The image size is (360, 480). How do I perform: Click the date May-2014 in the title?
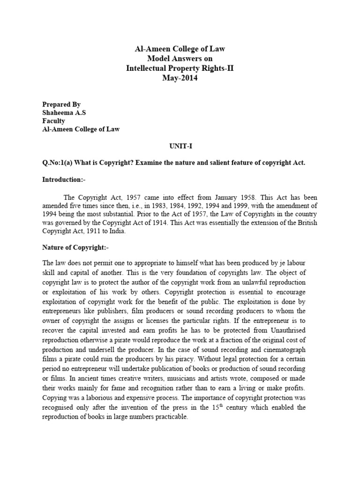click(180, 78)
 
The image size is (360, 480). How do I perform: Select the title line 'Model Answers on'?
click(180, 58)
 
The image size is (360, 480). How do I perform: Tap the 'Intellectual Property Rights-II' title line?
click(180, 68)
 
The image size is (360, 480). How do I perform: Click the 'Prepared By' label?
click(61, 104)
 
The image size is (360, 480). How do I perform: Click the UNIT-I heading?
click(180, 146)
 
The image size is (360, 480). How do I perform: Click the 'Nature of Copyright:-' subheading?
click(75, 247)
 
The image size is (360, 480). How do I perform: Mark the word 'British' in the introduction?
click(295, 223)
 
